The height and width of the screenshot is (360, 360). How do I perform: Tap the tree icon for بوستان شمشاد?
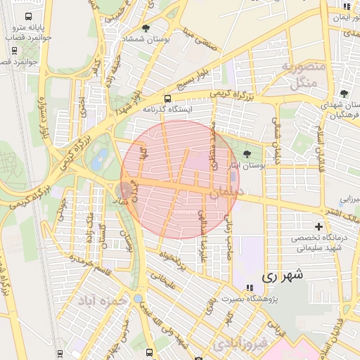(146, 29)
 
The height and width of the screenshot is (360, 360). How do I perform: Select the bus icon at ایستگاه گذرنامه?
(167, 99)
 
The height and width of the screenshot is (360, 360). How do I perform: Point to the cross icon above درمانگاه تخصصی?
(319, 226)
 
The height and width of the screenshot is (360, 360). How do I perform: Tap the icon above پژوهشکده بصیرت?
(249, 288)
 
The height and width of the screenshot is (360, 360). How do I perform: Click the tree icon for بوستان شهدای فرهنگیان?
(344, 94)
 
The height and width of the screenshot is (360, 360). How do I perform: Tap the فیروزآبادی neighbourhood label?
(240, 344)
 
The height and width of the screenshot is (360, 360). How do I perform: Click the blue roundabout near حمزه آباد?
(138, 298)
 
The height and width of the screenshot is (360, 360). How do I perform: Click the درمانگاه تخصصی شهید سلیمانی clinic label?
(318, 243)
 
